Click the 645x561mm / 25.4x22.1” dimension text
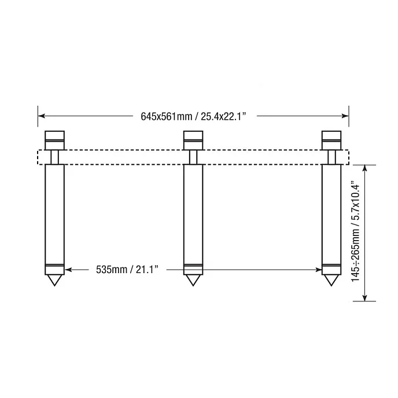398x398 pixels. point(193,116)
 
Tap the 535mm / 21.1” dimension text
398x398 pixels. point(127,270)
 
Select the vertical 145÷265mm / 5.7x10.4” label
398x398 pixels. point(356,231)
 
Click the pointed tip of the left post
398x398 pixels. point(54,286)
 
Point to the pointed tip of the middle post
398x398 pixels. point(193,286)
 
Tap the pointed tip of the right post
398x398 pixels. point(331,286)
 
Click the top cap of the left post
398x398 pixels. point(54,141)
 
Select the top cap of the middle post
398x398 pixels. point(193,141)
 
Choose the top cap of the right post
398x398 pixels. point(331,141)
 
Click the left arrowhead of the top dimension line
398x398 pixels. point(41,116)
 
